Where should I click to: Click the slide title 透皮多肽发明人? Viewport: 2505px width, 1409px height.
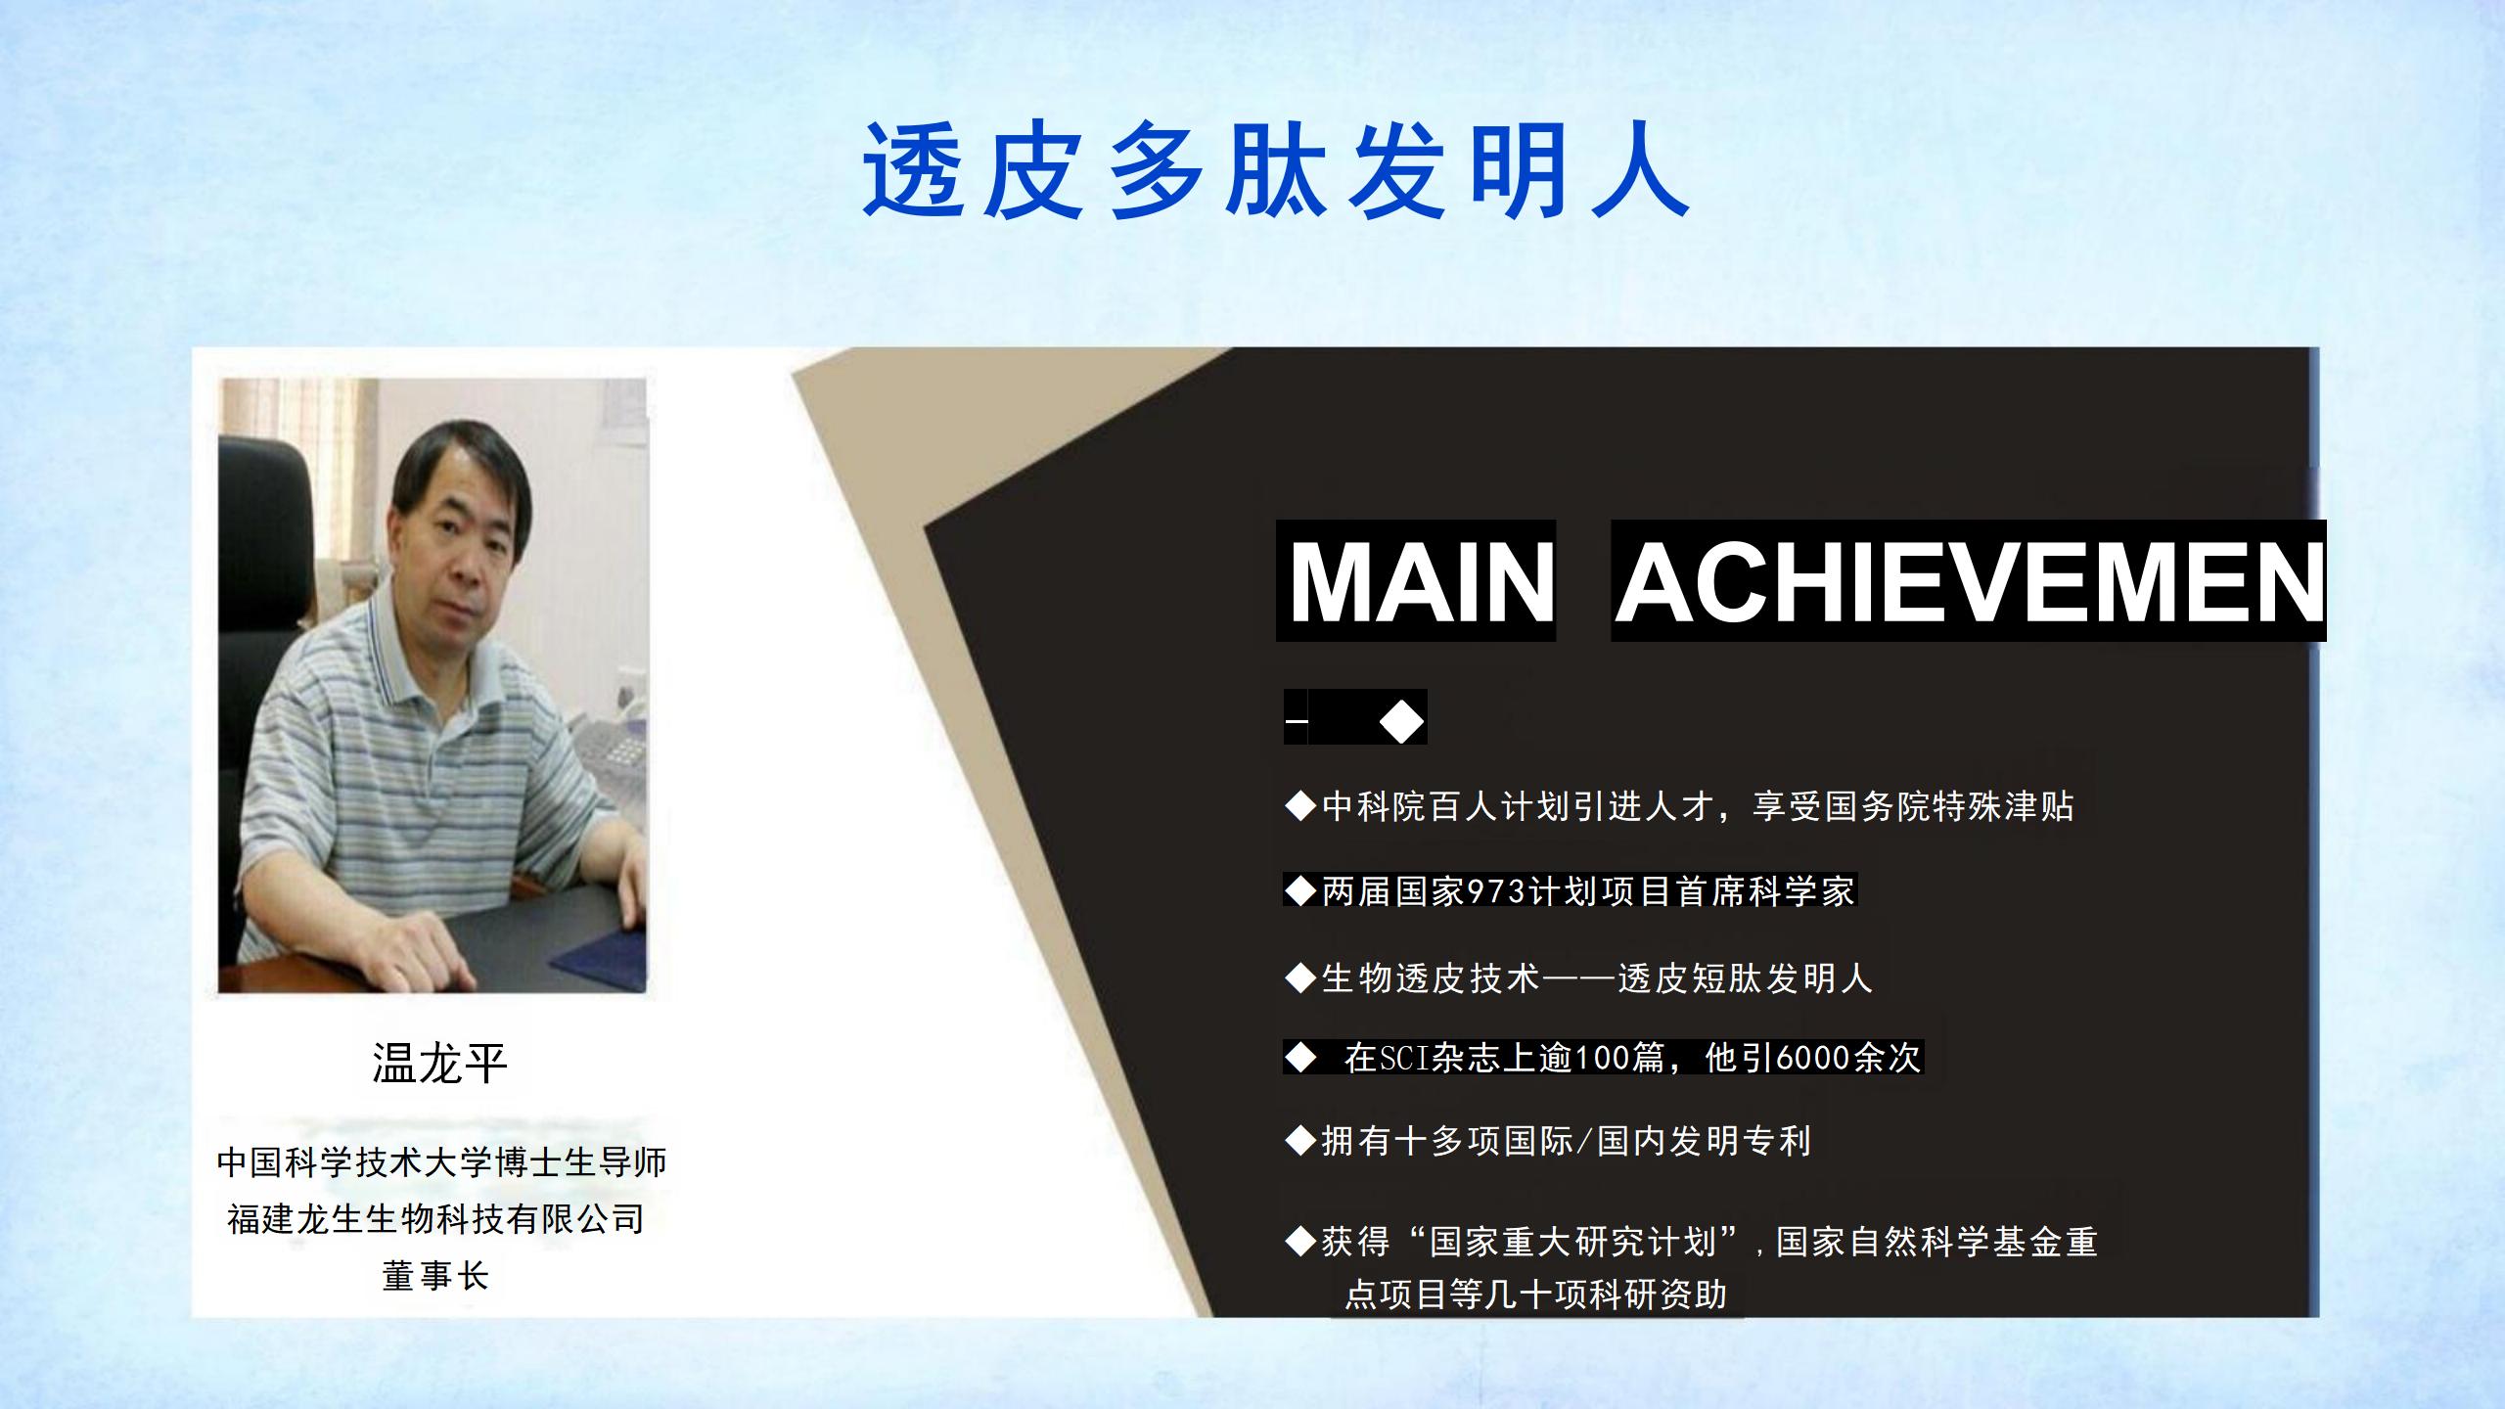click(1276, 172)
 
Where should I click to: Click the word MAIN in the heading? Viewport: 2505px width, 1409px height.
click(1422, 581)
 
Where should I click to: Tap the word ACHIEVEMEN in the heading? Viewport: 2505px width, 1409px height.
click(1969, 581)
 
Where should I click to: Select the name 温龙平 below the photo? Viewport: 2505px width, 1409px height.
click(439, 1064)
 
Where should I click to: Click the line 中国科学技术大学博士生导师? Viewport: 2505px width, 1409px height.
click(441, 1162)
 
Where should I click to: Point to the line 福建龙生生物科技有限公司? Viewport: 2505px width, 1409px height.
click(435, 1219)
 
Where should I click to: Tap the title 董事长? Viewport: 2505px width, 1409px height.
click(434, 1276)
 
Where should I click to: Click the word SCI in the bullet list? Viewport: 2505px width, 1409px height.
click(1403, 1058)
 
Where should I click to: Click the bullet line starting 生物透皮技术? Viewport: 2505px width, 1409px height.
click(1578, 978)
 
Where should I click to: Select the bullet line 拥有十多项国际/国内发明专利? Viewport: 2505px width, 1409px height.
click(1548, 1141)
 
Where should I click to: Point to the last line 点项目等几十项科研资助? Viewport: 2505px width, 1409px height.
click(1536, 1295)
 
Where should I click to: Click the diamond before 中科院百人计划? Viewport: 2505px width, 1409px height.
click(1300, 807)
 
